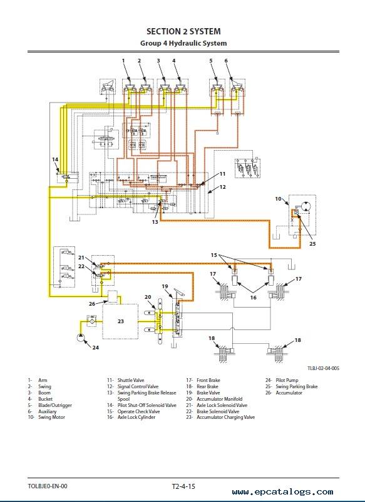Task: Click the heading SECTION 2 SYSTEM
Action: [183, 31]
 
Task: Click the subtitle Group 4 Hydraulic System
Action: [183, 43]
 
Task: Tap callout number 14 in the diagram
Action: [55, 159]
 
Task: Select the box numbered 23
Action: [120, 321]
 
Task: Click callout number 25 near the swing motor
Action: [312, 244]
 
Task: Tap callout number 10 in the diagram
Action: [278, 199]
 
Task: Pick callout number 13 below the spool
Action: [155, 222]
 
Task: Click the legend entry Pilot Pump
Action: [287, 380]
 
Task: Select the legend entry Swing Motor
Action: [51, 417]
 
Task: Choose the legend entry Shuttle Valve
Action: [131, 380]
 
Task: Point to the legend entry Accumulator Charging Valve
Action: [226, 417]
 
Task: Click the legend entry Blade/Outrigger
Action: [55, 405]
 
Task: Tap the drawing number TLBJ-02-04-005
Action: [323, 368]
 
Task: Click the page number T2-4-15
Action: [183, 486]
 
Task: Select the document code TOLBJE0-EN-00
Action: [48, 486]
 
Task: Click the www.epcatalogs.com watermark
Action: [282, 492]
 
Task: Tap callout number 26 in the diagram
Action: [92, 303]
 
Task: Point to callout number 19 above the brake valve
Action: [165, 286]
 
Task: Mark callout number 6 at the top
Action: [226, 61]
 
